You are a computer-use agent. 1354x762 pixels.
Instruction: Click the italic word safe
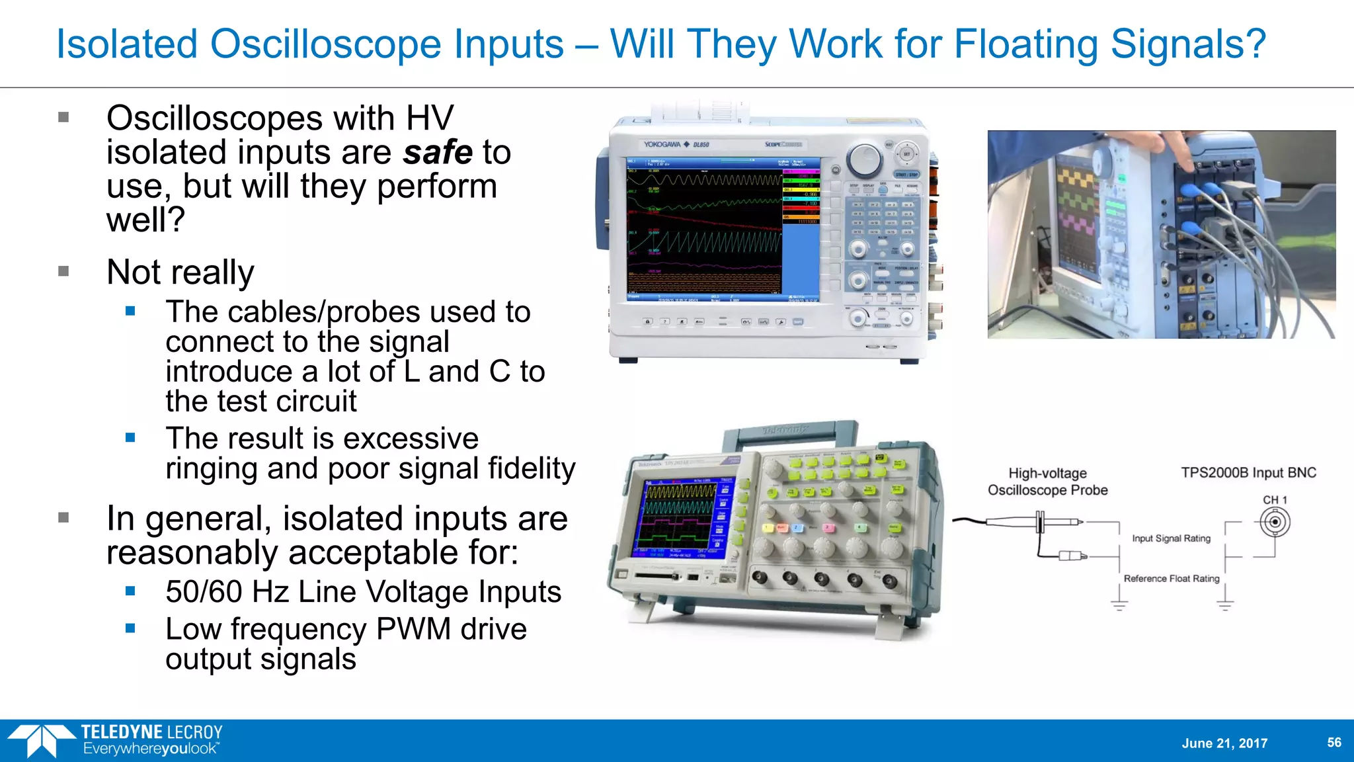point(438,153)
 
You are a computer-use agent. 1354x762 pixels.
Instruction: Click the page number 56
point(1334,742)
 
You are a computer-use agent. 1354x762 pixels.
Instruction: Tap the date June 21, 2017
point(1224,743)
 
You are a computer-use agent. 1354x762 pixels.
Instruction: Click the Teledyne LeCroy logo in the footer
point(116,740)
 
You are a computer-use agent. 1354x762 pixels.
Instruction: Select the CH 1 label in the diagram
point(1275,500)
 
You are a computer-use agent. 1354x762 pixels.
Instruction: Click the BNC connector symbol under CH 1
point(1275,523)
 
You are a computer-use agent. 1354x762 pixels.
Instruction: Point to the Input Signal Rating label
point(1171,538)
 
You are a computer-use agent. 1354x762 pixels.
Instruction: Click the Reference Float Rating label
point(1171,578)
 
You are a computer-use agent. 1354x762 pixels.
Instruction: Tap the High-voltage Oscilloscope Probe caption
point(1047,482)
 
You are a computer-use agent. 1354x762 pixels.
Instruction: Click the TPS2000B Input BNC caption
point(1248,473)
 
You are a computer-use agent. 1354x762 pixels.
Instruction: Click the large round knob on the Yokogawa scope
point(865,159)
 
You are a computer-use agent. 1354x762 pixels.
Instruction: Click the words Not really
point(180,272)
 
